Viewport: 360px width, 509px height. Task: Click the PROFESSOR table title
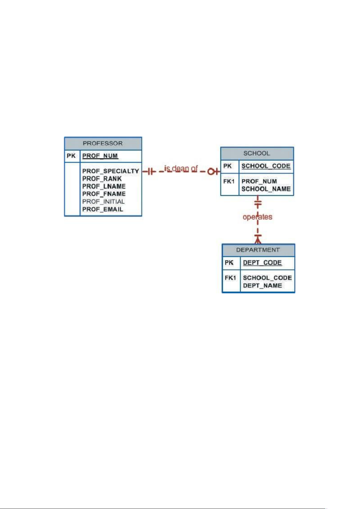click(103, 143)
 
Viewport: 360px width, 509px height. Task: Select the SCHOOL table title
click(257, 153)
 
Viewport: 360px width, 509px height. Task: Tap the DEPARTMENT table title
click(258, 250)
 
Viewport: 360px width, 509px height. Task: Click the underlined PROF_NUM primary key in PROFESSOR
click(100, 156)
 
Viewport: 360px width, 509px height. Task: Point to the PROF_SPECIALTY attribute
click(111, 171)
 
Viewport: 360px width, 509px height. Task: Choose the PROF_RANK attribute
click(102, 179)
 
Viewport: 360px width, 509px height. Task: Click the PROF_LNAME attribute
click(104, 186)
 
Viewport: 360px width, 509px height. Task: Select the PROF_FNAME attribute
click(104, 194)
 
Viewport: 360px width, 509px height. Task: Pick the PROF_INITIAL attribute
click(103, 201)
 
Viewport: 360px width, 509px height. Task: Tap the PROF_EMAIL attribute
click(103, 209)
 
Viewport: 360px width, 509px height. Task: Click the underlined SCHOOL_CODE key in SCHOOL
click(266, 166)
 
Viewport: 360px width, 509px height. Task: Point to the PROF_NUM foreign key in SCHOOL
click(259, 181)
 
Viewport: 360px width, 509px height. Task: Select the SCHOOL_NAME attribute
click(266, 189)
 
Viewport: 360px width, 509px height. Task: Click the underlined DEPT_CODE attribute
click(262, 263)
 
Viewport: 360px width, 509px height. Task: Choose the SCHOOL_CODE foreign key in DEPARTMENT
click(267, 278)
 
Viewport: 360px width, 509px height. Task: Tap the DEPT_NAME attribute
click(262, 285)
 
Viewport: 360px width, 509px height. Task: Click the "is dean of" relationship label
click(181, 168)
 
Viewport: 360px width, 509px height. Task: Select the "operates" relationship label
click(257, 217)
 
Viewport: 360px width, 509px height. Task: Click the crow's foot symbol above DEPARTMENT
click(258, 240)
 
